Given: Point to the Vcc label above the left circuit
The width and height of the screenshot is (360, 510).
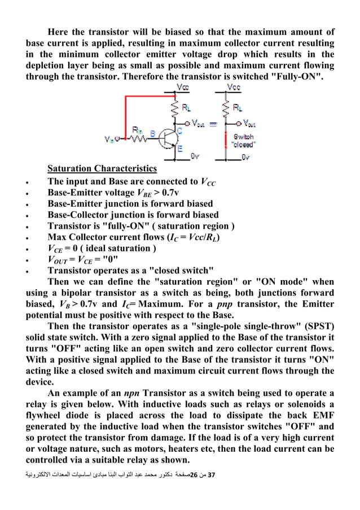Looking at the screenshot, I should pos(184,88).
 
